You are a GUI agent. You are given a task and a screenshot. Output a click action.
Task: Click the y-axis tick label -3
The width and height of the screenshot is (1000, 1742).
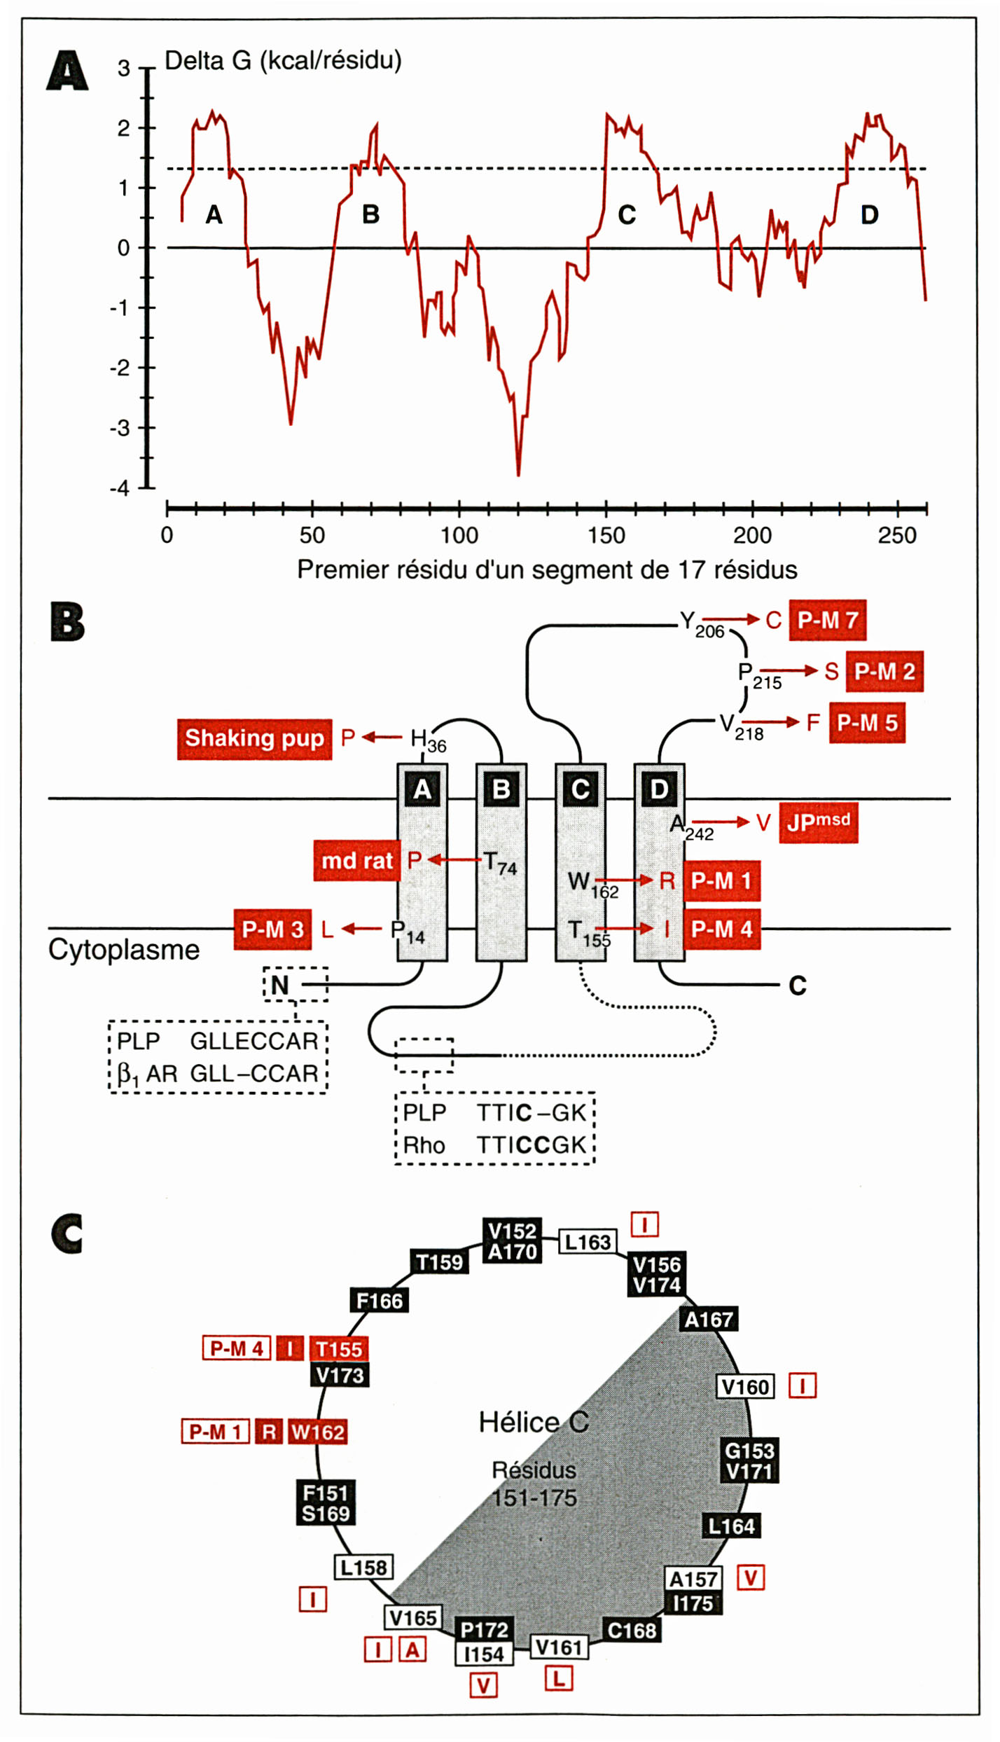(120, 428)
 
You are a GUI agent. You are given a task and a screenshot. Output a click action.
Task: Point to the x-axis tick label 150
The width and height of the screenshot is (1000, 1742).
(606, 536)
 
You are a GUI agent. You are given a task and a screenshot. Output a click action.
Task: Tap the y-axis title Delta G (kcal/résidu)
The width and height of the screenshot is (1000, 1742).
(283, 61)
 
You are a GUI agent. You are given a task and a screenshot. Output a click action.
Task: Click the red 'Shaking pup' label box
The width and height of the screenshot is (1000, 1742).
(254, 738)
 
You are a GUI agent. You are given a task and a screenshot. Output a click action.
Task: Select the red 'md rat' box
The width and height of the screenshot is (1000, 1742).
(356, 860)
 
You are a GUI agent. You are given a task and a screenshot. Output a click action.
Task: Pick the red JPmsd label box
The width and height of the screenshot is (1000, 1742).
(818, 822)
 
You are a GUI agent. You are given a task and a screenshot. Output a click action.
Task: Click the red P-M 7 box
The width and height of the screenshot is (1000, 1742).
(827, 620)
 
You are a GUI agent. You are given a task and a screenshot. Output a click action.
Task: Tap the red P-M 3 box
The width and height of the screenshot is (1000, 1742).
(272, 929)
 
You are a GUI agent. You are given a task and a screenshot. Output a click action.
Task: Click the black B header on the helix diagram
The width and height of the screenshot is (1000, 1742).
(501, 789)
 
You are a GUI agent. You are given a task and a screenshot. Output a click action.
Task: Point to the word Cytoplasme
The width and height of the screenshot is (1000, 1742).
(124, 950)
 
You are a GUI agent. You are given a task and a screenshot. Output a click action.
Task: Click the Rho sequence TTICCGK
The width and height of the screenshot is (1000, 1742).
(531, 1145)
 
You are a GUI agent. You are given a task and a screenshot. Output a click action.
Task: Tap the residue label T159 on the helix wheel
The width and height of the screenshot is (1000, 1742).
(439, 1262)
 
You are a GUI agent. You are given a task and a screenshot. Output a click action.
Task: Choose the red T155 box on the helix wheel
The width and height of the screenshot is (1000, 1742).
(339, 1349)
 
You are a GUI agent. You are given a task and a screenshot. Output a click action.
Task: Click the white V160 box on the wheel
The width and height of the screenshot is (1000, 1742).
(745, 1387)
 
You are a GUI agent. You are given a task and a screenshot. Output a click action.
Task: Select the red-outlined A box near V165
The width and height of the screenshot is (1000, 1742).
(412, 1650)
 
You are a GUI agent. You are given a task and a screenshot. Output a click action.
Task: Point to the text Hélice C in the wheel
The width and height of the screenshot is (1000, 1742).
(534, 1422)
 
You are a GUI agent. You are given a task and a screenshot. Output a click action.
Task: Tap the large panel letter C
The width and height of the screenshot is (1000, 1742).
(67, 1234)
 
